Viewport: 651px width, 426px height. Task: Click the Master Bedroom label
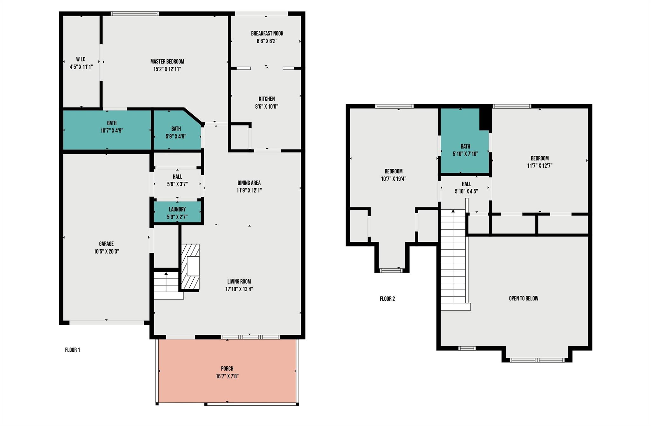tap(167, 62)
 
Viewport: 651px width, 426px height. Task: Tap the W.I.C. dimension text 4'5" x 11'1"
tap(81, 67)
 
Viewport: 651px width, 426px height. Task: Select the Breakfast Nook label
tap(267, 33)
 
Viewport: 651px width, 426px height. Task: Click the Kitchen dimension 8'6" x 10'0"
tap(266, 106)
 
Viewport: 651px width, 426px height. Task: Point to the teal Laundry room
tap(177, 212)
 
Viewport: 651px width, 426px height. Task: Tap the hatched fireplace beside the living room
tap(190, 267)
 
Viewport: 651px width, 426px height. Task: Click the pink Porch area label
tap(227, 369)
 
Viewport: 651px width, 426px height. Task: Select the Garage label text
tap(106, 244)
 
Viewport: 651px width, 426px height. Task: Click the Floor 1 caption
tap(72, 350)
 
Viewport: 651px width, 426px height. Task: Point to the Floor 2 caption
tap(387, 299)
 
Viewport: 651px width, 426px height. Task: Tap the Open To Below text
tap(524, 298)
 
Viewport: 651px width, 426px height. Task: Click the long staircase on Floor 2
tap(453, 260)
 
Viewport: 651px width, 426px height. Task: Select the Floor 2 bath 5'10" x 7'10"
tap(465, 150)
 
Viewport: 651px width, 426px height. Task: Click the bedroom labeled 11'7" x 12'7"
tap(539, 162)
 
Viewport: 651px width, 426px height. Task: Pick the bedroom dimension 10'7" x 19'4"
tap(394, 179)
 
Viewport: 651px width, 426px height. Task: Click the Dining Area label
tap(249, 183)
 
